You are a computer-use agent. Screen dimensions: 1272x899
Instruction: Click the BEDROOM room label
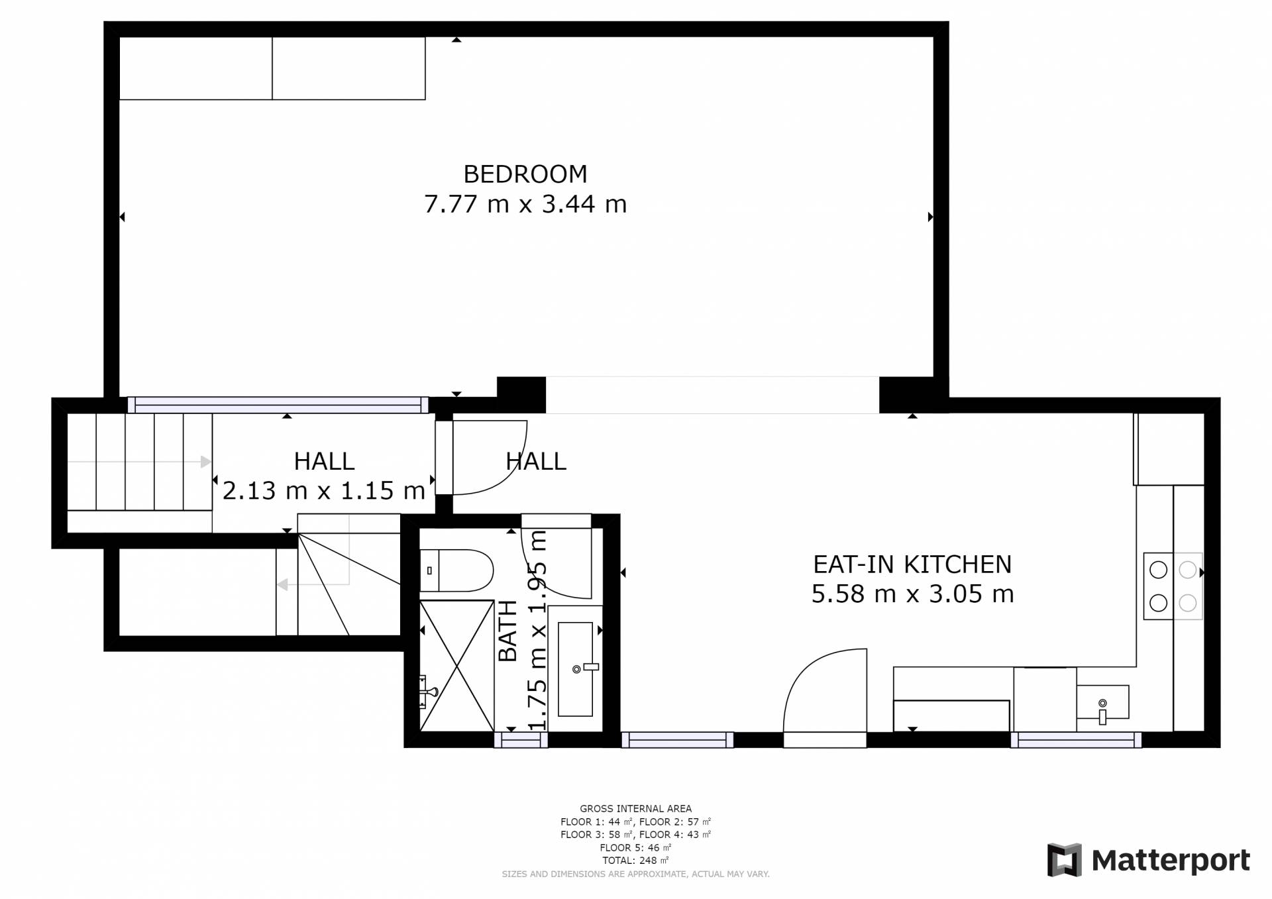(525, 174)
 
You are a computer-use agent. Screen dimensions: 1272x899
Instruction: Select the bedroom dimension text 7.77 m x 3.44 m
(525, 204)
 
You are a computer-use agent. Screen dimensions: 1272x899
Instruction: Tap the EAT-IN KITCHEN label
(912, 564)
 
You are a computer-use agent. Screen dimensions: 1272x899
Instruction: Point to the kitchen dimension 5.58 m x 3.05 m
(912, 594)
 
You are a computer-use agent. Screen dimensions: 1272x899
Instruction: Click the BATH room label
(507, 631)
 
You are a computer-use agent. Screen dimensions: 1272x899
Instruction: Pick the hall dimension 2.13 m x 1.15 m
(324, 491)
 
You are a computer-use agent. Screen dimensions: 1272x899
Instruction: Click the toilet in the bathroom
(456, 570)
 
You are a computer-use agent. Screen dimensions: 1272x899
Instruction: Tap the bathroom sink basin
(575, 669)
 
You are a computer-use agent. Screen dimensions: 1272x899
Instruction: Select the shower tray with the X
(457, 666)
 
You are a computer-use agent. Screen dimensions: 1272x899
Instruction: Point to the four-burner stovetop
(1173, 586)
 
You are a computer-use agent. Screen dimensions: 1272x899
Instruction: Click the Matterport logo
(1148, 860)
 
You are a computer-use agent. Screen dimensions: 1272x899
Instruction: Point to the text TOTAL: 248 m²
(635, 861)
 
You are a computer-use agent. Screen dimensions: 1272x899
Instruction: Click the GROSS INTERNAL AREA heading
(635, 808)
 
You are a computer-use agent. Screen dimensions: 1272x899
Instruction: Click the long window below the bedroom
(278, 405)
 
